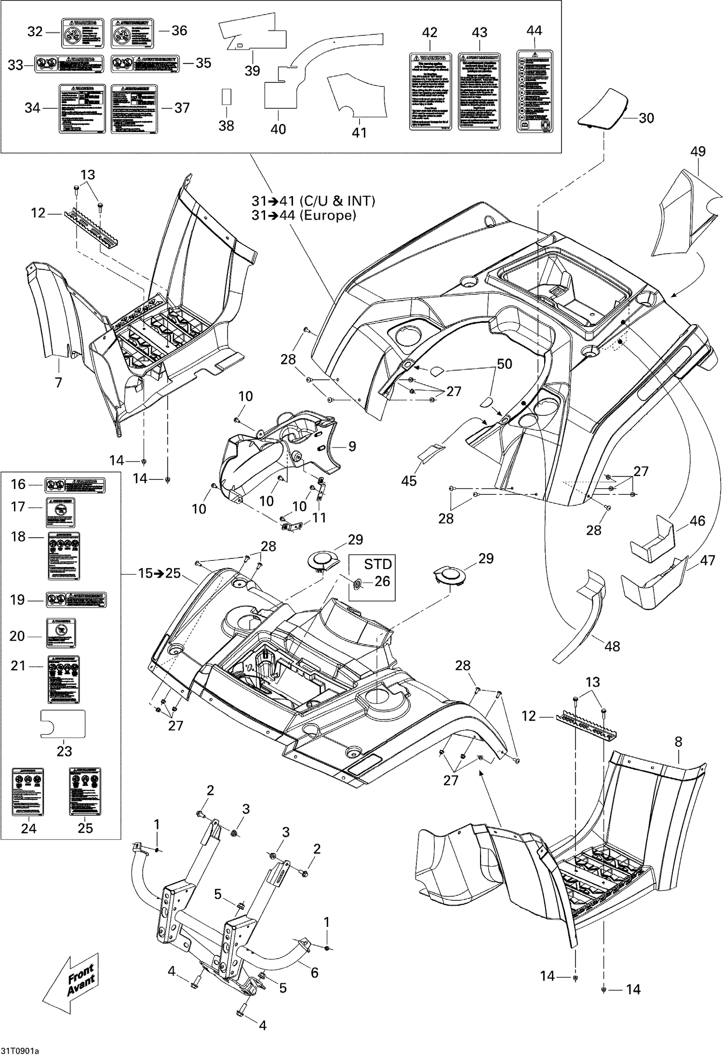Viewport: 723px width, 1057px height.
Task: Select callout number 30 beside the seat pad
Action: [646, 118]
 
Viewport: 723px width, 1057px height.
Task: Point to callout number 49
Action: [697, 152]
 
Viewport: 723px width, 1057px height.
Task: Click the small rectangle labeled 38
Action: [226, 96]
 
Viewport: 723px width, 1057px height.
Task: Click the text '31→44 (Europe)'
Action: [304, 215]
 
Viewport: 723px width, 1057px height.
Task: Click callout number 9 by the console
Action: [352, 447]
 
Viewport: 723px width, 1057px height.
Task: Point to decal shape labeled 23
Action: [63, 724]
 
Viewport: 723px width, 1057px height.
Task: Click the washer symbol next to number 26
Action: [357, 584]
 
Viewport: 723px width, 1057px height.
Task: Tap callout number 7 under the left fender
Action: [58, 383]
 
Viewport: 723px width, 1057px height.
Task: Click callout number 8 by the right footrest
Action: [678, 742]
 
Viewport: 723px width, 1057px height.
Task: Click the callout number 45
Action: [409, 480]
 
